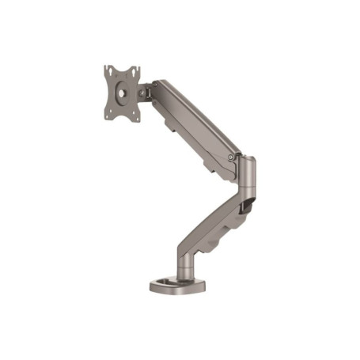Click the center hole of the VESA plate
point(122,93)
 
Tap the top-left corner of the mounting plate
point(105,67)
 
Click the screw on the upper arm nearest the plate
point(156,83)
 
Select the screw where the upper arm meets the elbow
point(230,157)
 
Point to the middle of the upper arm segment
point(194,119)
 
